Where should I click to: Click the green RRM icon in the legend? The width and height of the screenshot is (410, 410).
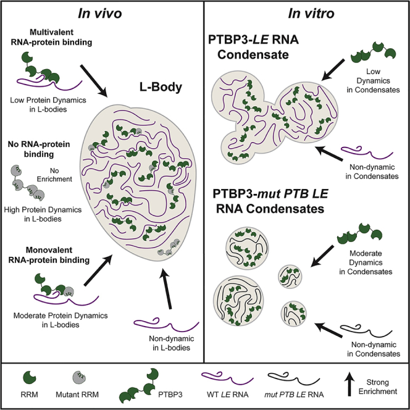(28, 377)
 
